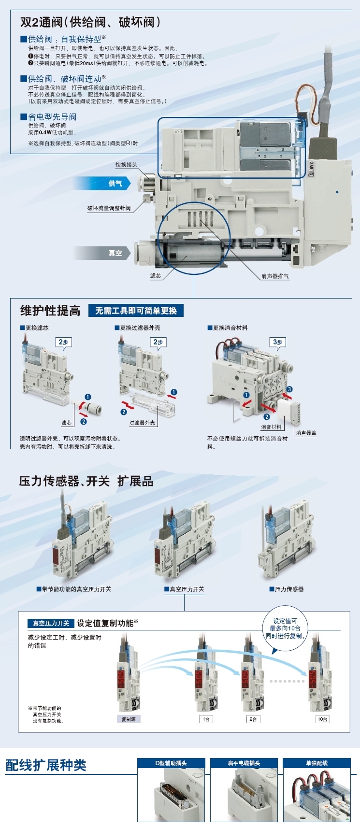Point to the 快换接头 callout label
coord(126,165)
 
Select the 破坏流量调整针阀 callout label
coord(109,208)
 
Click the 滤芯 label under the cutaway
coord(156,276)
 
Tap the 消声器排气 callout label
coord(275,276)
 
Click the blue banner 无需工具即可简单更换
coord(136,311)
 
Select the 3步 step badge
coord(278,342)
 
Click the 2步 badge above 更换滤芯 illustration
coord(63,342)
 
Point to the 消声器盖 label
coord(306,433)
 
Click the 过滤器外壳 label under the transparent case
coord(142,423)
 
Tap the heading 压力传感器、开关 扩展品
coord(86,481)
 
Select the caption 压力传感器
coord(287,589)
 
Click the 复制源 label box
coord(129,719)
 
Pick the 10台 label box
coord(322,719)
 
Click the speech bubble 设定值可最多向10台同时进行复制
coord(285,628)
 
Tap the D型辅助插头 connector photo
coord(171,795)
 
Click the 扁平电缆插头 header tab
coord(244,763)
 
